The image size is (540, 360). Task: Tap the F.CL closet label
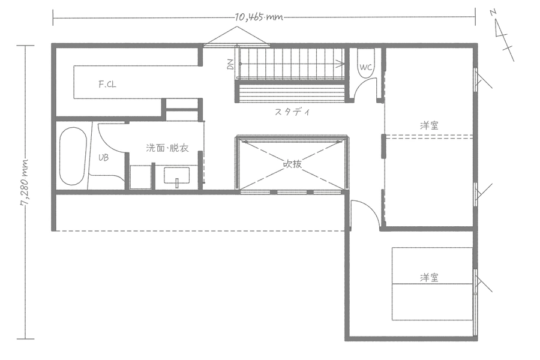point(107,85)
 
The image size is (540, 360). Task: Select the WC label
point(367,67)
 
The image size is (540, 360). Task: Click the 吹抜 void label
point(292,162)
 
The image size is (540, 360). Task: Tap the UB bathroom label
point(103,158)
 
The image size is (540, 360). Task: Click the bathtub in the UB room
point(73,157)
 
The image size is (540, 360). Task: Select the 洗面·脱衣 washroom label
point(167,148)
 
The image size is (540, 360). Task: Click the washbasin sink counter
point(177,175)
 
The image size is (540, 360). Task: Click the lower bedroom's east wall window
point(478,281)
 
